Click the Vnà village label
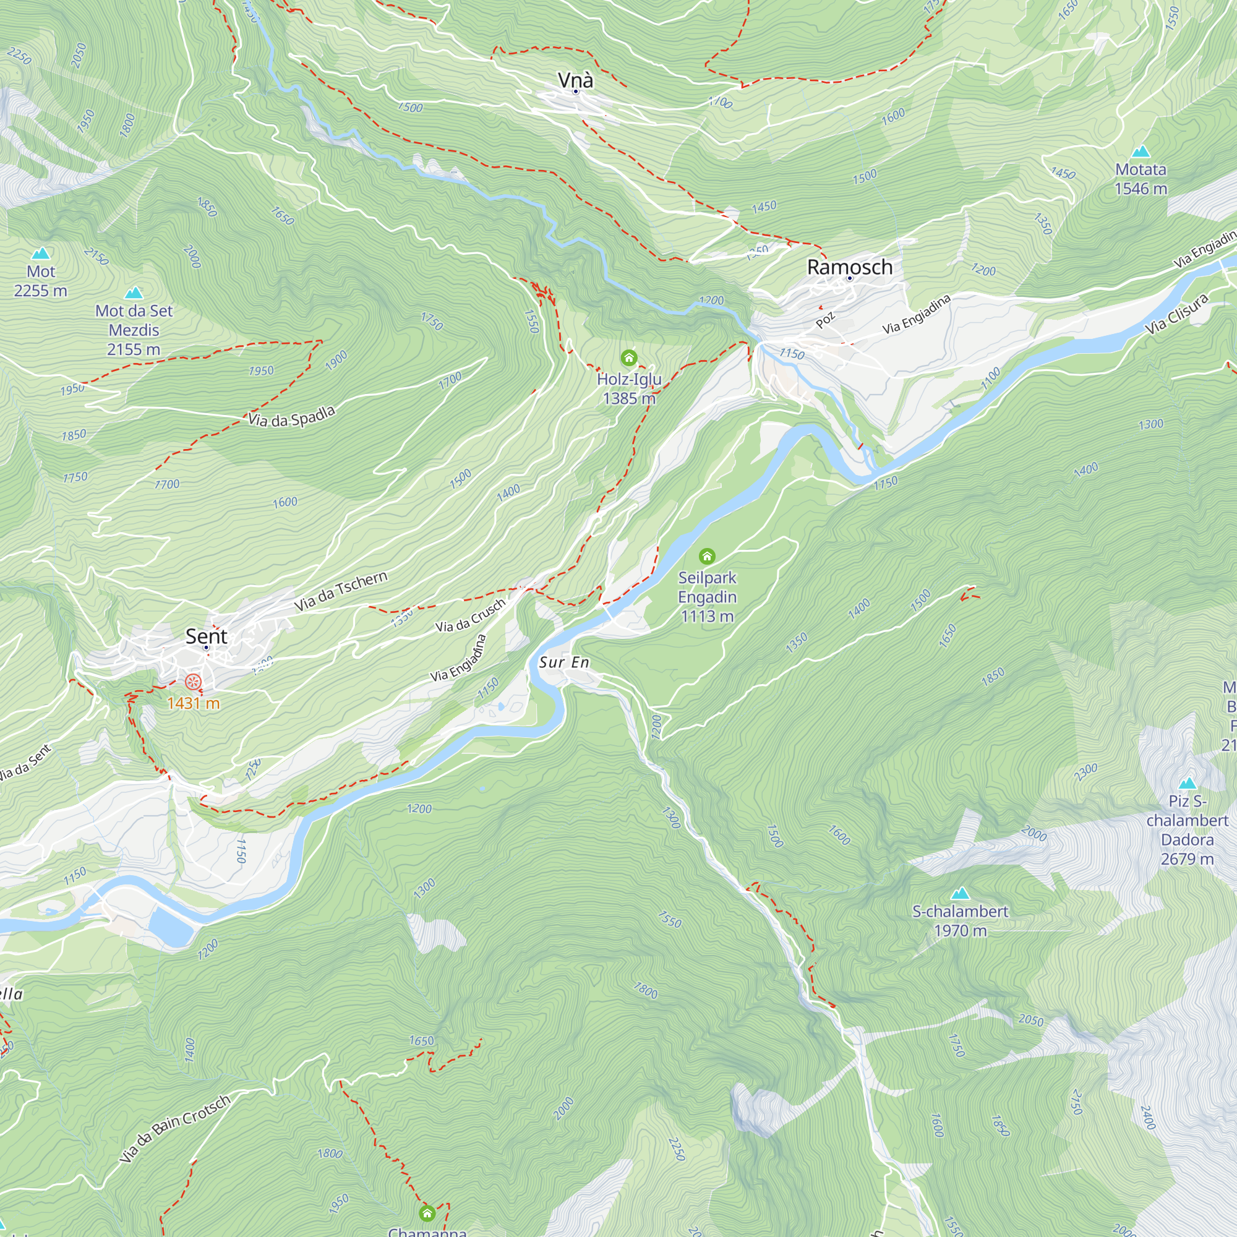pyautogui.click(x=575, y=80)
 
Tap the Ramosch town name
pyautogui.click(x=849, y=267)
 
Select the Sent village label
pyautogui.click(x=206, y=636)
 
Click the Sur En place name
pyautogui.click(x=563, y=662)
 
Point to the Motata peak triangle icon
pyautogui.click(x=1141, y=152)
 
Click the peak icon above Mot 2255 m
pyautogui.click(x=41, y=254)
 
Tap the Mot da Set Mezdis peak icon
pyautogui.click(x=134, y=293)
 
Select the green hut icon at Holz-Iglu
pyautogui.click(x=629, y=357)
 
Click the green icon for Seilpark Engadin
pyautogui.click(x=707, y=556)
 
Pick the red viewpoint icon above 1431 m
pyautogui.click(x=194, y=682)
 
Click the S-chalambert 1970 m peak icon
pyautogui.click(x=959, y=893)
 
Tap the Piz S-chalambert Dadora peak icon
pyautogui.click(x=1187, y=783)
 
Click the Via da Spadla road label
pyautogui.click(x=291, y=417)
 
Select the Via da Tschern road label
pyautogui.click(x=341, y=590)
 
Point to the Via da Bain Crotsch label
pyautogui.click(x=174, y=1129)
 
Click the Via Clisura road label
pyautogui.click(x=1177, y=314)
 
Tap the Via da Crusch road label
pyautogui.click(x=470, y=615)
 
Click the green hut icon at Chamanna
pyautogui.click(x=427, y=1213)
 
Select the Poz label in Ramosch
pyautogui.click(x=825, y=320)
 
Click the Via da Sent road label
pyautogui.click(x=24, y=763)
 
